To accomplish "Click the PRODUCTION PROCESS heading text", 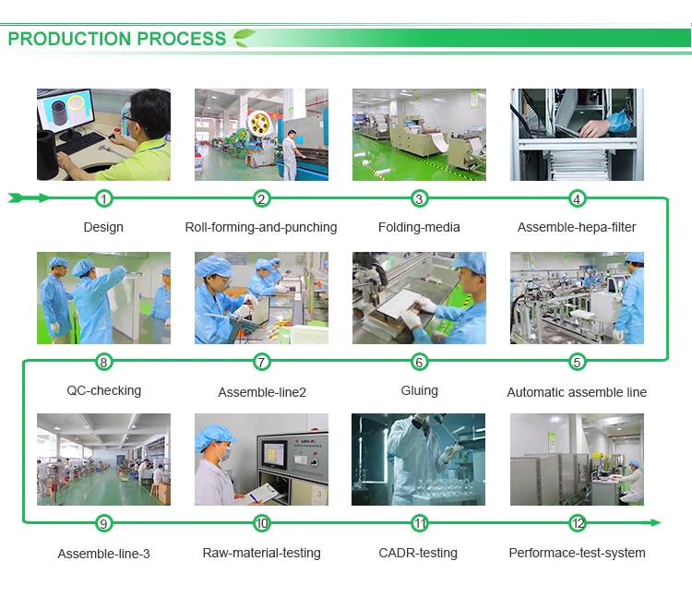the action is point(116,39).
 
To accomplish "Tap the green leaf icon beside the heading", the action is point(245,38).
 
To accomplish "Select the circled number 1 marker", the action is point(103,198).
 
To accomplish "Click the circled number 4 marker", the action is point(577,198).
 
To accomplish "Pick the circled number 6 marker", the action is point(420,362).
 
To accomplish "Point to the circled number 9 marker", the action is point(103,523).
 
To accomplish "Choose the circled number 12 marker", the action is point(578,523).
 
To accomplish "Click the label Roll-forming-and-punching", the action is point(261,227).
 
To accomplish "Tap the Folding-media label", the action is point(419,227).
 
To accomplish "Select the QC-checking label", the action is point(103,390).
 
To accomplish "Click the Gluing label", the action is point(419,390).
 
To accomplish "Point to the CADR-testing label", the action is point(420,553).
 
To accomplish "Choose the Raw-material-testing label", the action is point(261,553).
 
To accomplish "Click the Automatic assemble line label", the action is point(577,392).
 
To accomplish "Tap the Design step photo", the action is point(103,135).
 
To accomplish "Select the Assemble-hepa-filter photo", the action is point(577,135).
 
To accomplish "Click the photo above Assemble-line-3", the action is point(103,459).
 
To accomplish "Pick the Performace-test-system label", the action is point(577,553).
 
